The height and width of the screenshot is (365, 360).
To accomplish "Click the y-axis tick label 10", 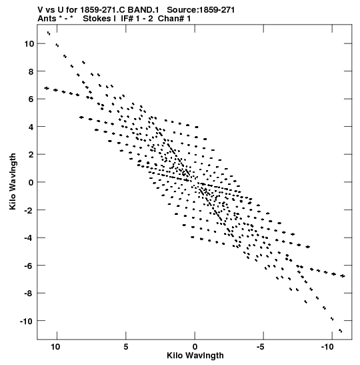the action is pos(29,43).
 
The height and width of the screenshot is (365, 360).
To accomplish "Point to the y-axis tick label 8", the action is pos(31,71).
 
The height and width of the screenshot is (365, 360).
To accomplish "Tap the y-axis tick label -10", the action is pos(27,321).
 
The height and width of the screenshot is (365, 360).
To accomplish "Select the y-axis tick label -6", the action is pos(29,266).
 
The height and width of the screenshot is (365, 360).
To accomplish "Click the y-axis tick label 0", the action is pos(31,182).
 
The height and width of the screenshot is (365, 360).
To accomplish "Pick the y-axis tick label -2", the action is pos(29,210).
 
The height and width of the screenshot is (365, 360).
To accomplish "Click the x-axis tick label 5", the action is pos(126,347).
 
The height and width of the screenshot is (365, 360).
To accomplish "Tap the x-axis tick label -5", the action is pos(261,347).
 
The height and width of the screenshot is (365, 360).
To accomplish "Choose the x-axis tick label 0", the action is pos(195,347).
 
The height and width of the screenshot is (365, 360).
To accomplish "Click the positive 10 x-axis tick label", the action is pos(55,347).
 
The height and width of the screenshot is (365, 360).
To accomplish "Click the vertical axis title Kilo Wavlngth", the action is pos(13,181).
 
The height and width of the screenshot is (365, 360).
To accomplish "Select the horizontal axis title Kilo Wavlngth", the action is pos(195,356).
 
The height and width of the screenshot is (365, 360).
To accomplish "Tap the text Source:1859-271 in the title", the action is pos(201,10).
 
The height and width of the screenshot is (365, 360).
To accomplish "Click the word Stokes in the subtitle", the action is pos(97,19).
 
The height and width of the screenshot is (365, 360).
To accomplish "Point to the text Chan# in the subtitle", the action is pos(171,19).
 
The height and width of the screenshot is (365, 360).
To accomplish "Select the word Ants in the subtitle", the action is pos(47,19).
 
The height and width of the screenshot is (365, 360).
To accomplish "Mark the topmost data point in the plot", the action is pos(49,33).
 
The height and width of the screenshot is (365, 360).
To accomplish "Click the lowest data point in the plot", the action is pos(341,330).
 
